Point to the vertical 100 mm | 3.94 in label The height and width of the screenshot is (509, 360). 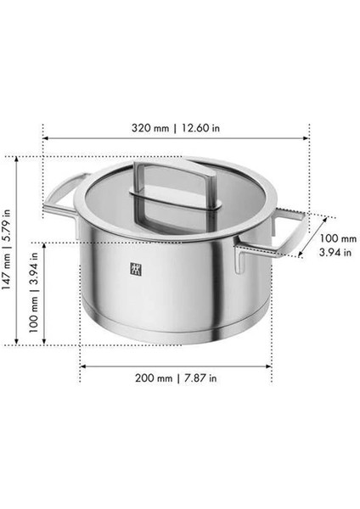35,294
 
